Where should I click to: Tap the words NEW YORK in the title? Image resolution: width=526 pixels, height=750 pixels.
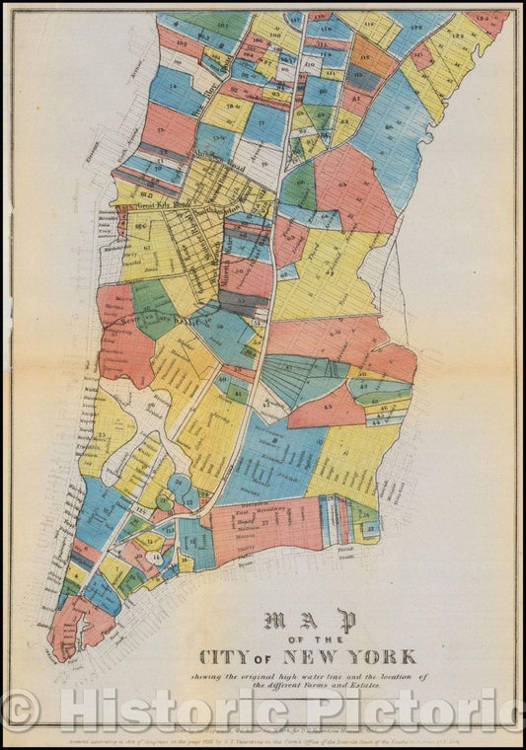[x=359, y=656]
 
